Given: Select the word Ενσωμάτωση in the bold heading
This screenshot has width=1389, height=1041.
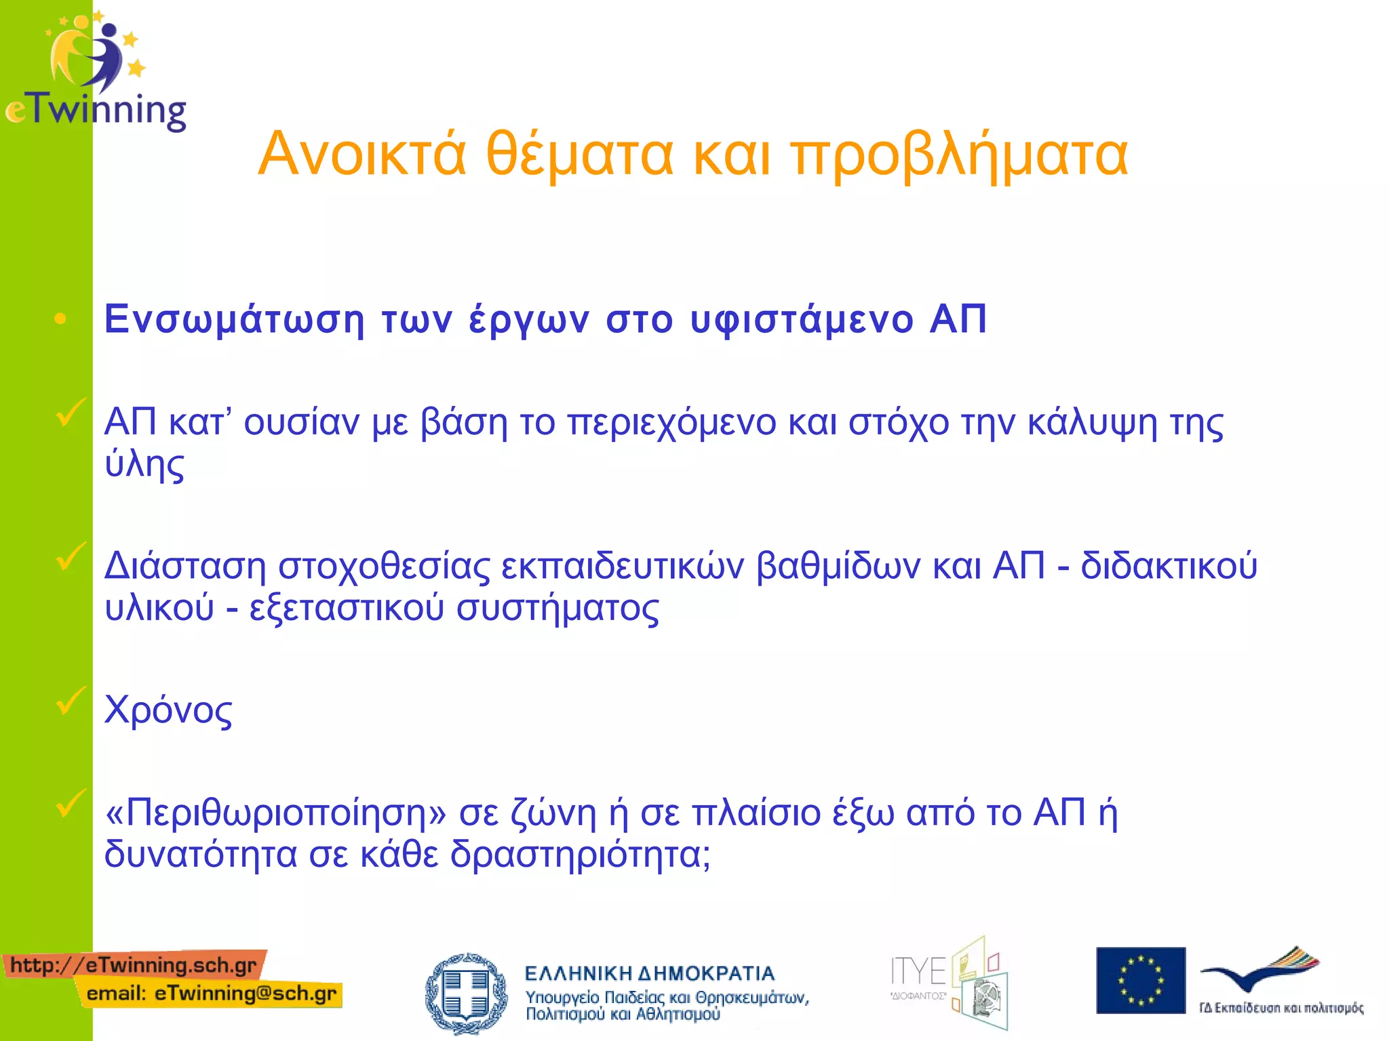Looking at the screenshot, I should [234, 320].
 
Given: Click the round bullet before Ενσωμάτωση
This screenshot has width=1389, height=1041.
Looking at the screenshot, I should [60, 319].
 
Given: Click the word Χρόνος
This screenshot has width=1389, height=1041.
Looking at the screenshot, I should [168, 710].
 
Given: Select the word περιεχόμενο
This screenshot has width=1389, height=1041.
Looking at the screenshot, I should [671, 424].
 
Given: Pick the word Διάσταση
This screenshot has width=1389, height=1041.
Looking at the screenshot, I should [184, 567].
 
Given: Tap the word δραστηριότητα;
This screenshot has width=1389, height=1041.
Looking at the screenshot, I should [581, 855].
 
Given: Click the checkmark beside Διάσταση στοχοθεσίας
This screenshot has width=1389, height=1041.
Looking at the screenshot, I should [70, 556].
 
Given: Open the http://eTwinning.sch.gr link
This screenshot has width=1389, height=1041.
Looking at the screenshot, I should [134, 964].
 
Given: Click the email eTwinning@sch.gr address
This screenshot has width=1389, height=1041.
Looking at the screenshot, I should [212, 994].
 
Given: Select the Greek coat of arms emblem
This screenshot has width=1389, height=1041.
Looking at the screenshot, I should [466, 993].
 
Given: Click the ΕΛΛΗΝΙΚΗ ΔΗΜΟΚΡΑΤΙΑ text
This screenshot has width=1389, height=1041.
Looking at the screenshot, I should [649, 974].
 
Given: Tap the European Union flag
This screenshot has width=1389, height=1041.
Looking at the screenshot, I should [1141, 980].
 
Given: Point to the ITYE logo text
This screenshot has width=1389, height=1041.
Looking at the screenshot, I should [918, 972].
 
